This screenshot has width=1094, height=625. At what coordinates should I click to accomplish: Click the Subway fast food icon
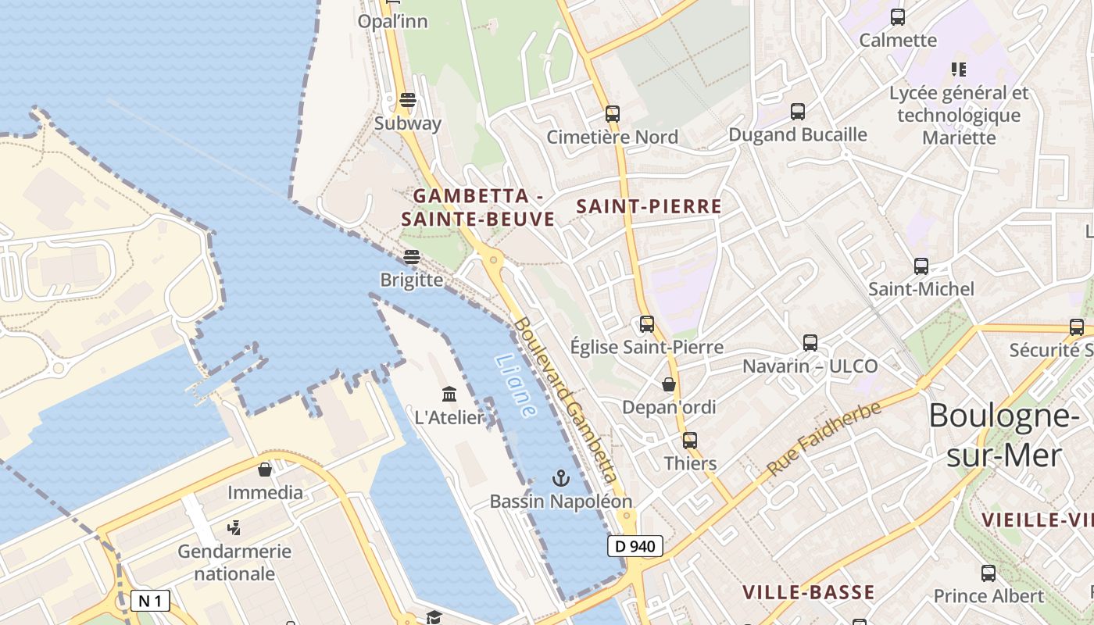pyautogui.click(x=407, y=100)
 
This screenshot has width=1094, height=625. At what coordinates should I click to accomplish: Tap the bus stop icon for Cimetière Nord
pyautogui.click(x=613, y=114)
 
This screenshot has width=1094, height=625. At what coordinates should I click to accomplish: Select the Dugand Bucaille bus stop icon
pyautogui.click(x=797, y=112)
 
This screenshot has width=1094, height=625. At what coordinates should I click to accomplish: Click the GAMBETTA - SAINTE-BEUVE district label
pyautogui.click(x=477, y=207)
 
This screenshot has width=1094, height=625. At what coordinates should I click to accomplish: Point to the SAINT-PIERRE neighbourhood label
pyautogui.click(x=649, y=207)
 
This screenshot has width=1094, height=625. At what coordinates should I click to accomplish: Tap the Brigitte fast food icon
pyautogui.click(x=412, y=257)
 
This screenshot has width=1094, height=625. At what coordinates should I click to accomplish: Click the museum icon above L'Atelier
pyautogui.click(x=449, y=394)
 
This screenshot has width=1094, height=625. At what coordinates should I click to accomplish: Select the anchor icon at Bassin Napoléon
pyautogui.click(x=560, y=477)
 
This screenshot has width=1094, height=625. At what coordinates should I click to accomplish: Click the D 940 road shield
pyautogui.click(x=635, y=546)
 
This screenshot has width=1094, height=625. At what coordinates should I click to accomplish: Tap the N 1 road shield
pyautogui.click(x=149, y=601)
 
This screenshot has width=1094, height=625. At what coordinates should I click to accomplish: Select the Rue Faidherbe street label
pyautogui.click(x=824, y=438)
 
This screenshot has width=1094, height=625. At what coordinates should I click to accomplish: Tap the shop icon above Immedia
pyautogui.click(x=265, y=469)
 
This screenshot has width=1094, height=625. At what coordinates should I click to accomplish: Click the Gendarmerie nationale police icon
pyautogui.click(x=233, y=528)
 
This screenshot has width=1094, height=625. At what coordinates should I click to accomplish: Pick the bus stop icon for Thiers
pyautogui.click(x=689, y=440)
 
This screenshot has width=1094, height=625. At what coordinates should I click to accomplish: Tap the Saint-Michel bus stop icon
pyautogui.click(x=921, y=266)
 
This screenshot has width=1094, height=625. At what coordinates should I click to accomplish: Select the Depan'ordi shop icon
pyautogui.click(x=669, y=384)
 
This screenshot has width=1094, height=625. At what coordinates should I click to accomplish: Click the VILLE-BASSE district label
pyautogui.click(x=808, y=592)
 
